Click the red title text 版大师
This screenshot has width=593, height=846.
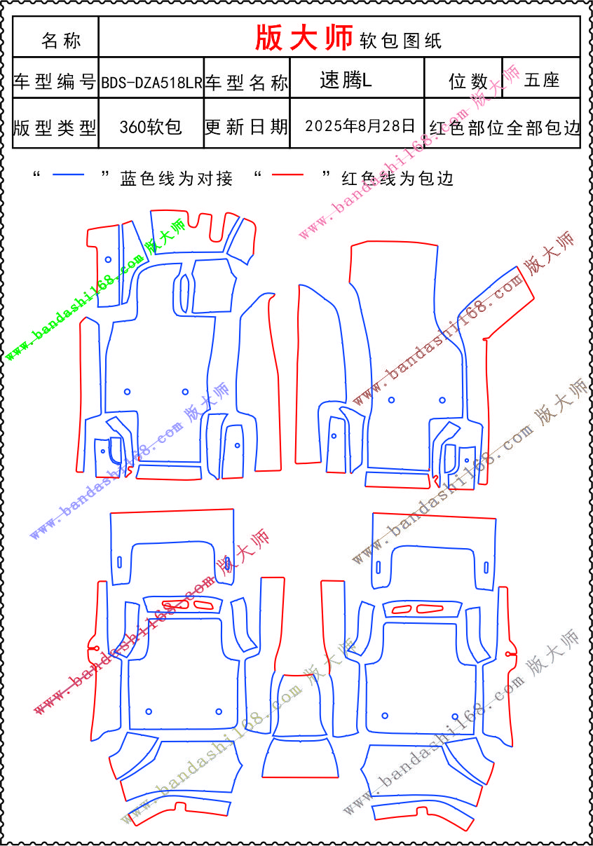[x=304, y=38]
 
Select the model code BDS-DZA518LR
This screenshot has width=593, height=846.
[x=151, y=82]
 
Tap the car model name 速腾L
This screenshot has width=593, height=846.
[x=346, y=80]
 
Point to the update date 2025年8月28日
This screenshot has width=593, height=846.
[x=360, y=126]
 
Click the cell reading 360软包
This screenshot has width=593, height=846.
[x=151, y=127]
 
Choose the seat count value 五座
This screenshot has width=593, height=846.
[x=541, y=80]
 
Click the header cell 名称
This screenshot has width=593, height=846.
[x=61, y=40]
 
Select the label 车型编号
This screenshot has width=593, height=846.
[x=55, y=81]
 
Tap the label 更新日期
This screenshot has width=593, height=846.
[x=247, y=127]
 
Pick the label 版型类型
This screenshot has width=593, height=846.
[x=55, y=128]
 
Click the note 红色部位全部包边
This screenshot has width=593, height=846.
[x=504, y=128]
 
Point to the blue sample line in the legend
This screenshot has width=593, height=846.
[x=69, y=175]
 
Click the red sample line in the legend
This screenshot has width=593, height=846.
[x=288, y=175]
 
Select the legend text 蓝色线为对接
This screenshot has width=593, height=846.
[x=177, y=178]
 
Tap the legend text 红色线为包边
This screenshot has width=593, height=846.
[x=397, y=178]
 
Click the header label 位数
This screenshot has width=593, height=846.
[x=468, y=81]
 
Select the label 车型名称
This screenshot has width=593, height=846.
[x=247, y=82]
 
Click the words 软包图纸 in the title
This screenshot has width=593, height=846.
[x=401, y=41]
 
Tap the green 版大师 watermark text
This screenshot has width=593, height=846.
[x=166, y=236]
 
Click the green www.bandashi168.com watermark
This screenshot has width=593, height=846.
[x=75, y=308]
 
